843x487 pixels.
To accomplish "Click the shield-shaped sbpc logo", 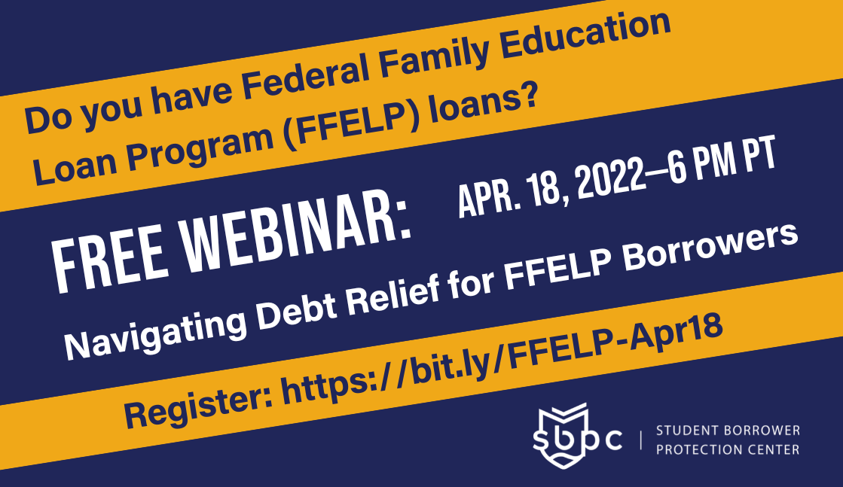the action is pos(564,437).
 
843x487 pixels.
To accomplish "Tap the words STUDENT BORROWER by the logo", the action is pos(728,431).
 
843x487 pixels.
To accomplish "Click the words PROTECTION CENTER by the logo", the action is pos(728,449).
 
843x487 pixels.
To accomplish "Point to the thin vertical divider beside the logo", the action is pos(640,440).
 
